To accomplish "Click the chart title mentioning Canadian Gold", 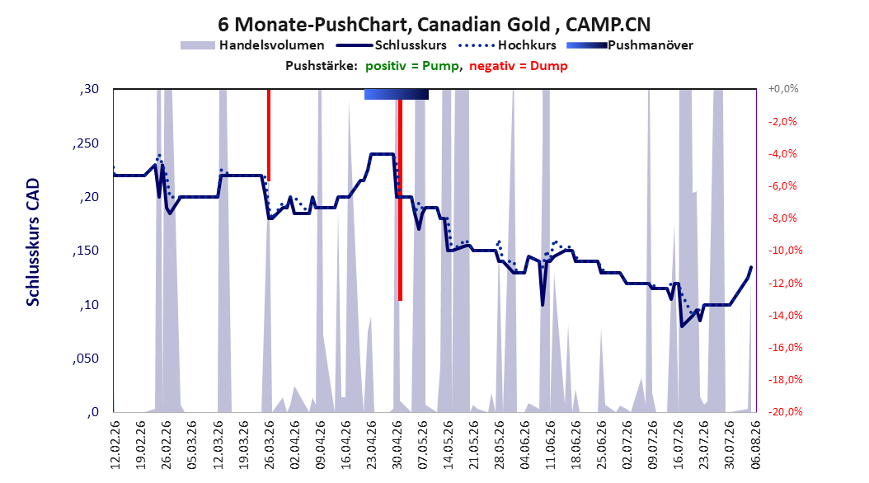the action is pos(434,25).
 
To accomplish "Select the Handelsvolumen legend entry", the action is pos(252,45).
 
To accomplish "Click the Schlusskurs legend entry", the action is pos(392,45).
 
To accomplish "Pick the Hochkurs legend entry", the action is pos(507,45).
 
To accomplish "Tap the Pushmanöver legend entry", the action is pos(630,45).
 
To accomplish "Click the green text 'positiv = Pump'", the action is pos(412,66).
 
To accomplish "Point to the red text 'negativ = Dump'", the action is pos(519,66).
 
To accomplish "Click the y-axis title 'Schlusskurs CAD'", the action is pos(33,242).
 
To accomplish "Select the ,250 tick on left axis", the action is pos(86,143).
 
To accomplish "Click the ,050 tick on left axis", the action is pos(86,359).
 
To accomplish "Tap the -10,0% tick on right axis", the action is pos(785,251).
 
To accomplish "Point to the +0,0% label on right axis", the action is pos(783,89).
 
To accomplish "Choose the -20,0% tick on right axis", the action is pos(785,411).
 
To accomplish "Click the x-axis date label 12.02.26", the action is pos(115,445).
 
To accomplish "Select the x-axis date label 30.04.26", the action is pos(397,445).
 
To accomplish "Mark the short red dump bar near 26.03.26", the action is pos(269,134).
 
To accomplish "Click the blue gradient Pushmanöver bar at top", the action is pos(397,94).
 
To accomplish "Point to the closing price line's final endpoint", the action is pos(751,267).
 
